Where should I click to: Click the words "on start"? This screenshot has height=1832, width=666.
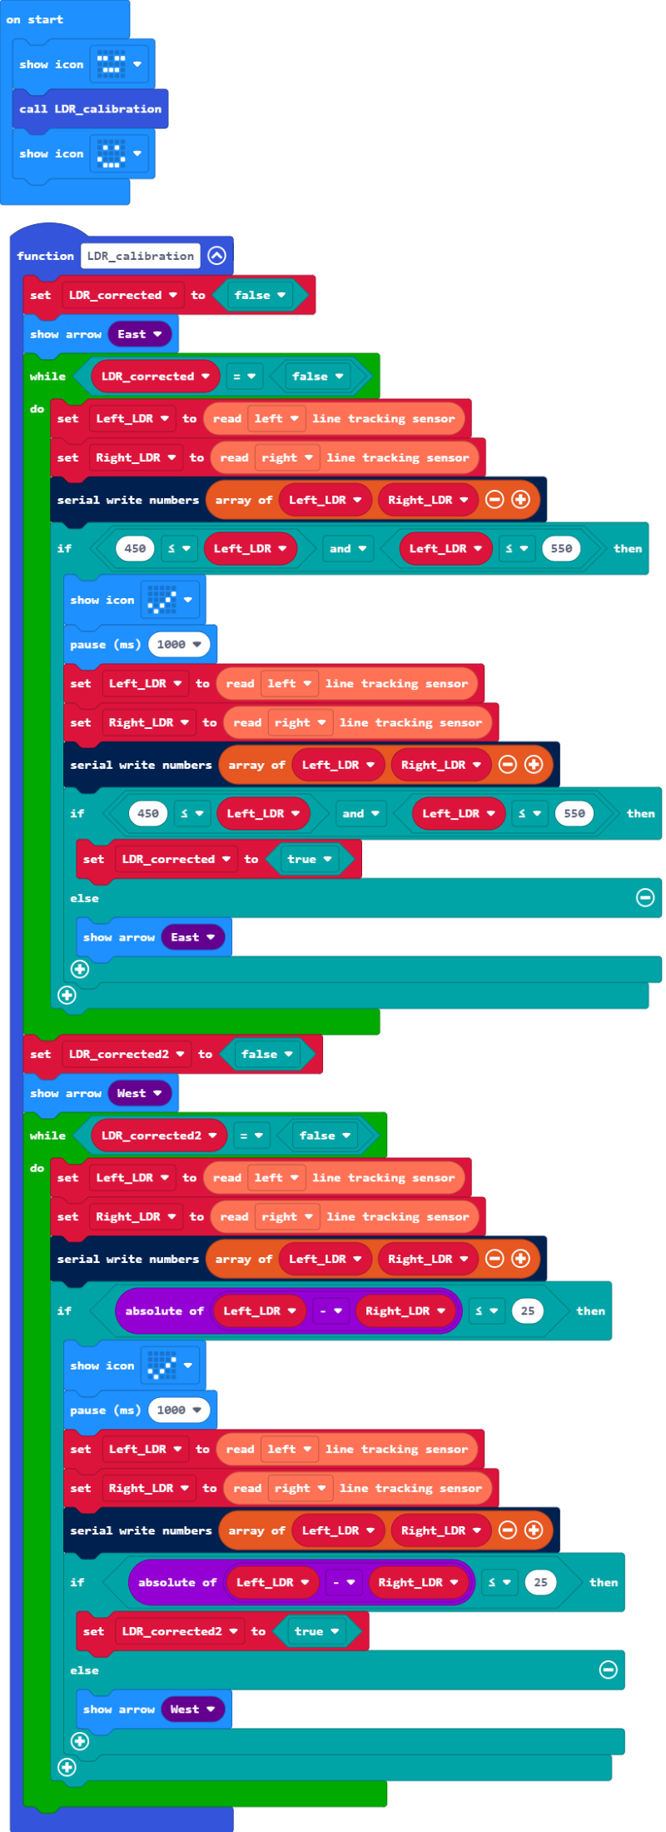[35, 19]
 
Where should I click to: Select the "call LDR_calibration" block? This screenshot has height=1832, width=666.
[90, 109]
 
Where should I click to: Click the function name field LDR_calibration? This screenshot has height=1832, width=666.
[141, 256]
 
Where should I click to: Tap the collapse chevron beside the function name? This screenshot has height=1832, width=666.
[216, 256]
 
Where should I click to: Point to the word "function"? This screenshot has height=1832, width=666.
[45, 256]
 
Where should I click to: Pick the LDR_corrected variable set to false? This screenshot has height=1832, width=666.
[122, 295]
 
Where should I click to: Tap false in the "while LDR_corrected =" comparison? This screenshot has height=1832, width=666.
[317, 377]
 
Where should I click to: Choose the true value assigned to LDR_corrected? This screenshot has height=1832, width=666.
[309, 859]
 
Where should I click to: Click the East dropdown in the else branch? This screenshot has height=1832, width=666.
[192, 937]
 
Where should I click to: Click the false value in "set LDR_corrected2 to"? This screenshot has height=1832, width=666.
[266, 1054]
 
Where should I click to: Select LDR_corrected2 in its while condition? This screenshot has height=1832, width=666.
[158, 1136]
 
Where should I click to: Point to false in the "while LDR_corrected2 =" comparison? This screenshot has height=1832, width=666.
[325, 1136]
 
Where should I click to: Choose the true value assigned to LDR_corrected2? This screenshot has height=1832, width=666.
[316, 1631]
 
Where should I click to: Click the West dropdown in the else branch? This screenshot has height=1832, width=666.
[192, 1710]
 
